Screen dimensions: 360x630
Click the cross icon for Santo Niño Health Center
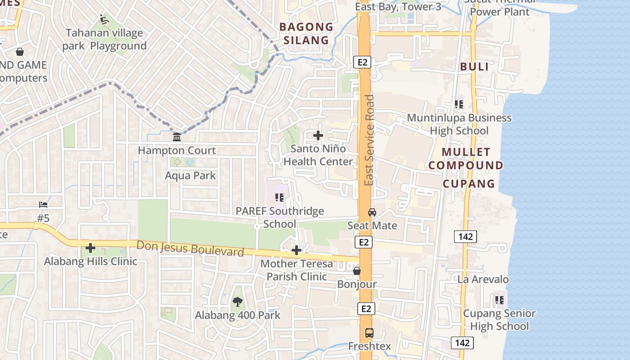(x=318, y=135)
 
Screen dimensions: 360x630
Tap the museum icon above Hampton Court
(x=177, y=137)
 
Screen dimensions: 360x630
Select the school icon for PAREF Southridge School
(x=279, y=197)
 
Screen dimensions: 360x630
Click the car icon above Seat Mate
(x=372, y=212)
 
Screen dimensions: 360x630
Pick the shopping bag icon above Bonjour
(x=356, y=271)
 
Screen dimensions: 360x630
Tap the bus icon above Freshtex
(x=369, y=333)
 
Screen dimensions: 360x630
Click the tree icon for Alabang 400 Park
(x=237, y=302)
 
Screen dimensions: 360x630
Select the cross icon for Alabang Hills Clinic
(x=90, y=248)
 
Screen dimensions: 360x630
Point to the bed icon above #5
(x=43, y=205)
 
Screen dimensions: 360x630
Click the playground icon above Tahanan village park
(x=104, y=19)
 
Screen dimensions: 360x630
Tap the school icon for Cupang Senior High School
(x=499, y=300)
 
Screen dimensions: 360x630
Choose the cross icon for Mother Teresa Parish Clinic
(x=297, y=250)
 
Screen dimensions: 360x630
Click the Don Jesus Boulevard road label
(x=190, y=248)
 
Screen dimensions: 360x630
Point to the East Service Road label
(x=369, y=140)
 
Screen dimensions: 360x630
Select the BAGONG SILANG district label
(x=306, y=33)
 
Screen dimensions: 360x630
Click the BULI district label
(x=474, y=67)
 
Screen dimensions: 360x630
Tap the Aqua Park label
(x=190, y=175)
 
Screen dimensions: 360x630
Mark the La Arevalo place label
(x=483, y=279)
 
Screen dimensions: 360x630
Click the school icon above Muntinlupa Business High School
(x=459, y=104)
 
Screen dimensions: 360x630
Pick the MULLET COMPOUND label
(x=466, y=158)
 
